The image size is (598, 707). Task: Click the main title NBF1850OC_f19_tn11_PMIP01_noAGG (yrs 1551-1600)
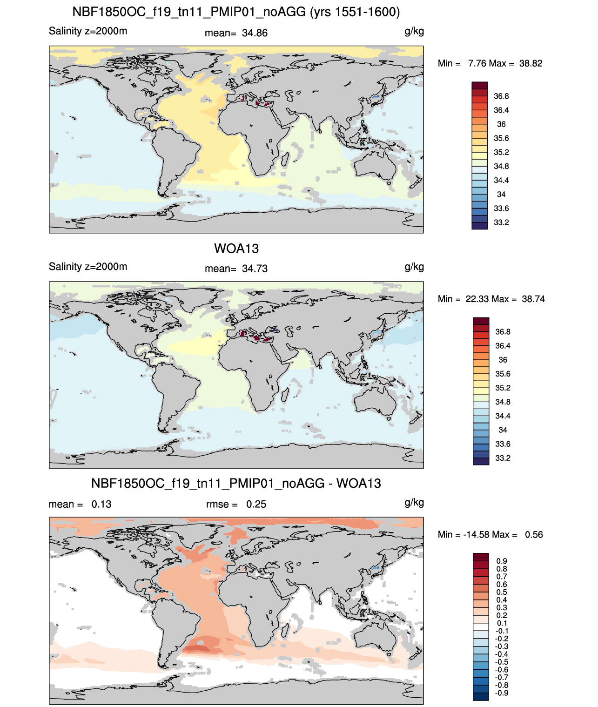click(x=236, y=12)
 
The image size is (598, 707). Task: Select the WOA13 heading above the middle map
click(x=236, y=249)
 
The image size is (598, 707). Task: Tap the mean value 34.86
click(x=255, y=33)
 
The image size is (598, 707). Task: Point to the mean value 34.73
click(x=255, y=269)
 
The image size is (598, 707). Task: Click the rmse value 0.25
click(x=256, y=504)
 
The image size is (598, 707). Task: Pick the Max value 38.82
click(x=531, y=63)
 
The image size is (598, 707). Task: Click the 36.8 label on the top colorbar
click(x=501, y=96)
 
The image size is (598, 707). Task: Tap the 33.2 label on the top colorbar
click(x=501, y=222)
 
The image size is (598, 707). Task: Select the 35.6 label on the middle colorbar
click(x=503, y=374)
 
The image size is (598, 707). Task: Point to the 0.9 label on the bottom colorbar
click(x=502, y=561)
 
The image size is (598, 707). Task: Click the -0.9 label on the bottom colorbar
click(x=502, y=693)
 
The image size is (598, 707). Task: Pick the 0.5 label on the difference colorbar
click(x=502, y=592)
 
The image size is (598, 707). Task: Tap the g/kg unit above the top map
click(x=414, y=32)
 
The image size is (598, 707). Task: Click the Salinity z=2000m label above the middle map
click(x=88, y=266)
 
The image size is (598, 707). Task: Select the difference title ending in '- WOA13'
click(x=236, y=483)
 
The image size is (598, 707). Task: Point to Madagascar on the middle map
click(x=285, y=394)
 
